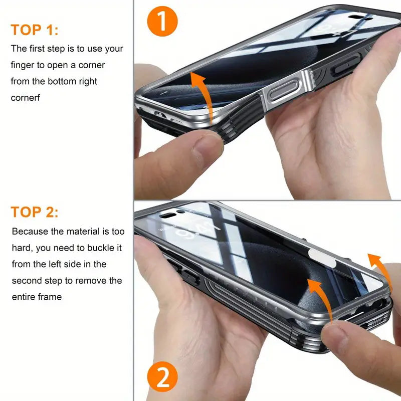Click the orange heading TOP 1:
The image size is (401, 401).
[x=35, y=30]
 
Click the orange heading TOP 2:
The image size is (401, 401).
[x=35, y=212]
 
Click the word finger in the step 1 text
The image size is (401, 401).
[x=24, y=65]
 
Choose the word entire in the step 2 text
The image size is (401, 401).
[x=25, y=297]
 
